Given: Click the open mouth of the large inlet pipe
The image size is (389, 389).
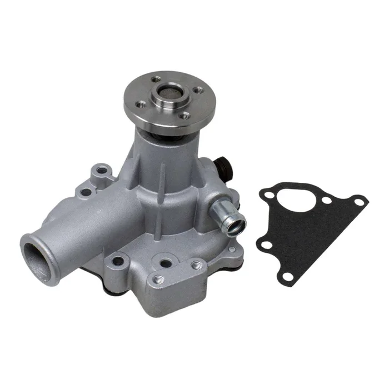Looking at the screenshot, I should click(38, 256).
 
